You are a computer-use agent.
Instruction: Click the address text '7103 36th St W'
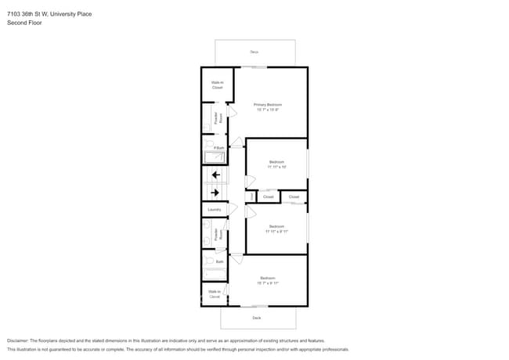(31, 14)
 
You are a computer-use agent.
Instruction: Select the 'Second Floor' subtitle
(23, 23)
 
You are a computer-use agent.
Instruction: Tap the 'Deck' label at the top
(254, 52)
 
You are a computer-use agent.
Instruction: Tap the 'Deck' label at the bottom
(256, 318)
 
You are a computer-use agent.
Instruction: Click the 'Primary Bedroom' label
(267, 104)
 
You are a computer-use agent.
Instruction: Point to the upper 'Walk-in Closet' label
(217, 85)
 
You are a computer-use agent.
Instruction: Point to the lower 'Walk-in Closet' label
(214, 294)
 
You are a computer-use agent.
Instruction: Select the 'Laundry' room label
(214, 209)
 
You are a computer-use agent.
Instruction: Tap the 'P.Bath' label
(219, 147)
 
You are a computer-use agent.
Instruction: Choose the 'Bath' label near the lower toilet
(220, 262)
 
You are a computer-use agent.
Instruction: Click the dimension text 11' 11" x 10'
(276, 167)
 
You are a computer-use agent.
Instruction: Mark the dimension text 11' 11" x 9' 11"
(276, 232)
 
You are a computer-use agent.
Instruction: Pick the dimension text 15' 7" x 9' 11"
(268, 283)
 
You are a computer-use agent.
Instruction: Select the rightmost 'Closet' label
(294, 196)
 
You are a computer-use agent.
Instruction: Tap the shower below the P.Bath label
(215, 157)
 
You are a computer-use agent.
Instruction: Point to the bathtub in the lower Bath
(214, 273)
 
